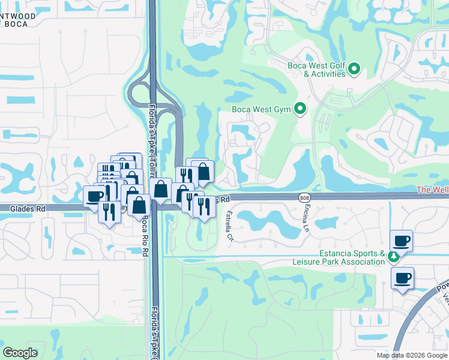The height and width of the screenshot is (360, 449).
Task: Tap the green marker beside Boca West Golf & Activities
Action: pos(354,70)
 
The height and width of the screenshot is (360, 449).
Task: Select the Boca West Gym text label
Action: pos(261,109)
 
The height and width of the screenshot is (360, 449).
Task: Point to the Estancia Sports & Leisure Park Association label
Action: pos(338,257)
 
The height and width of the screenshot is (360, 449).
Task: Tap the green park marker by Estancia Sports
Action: pos(393,257)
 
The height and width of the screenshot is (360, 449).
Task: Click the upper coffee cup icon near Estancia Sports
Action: pos(402,241)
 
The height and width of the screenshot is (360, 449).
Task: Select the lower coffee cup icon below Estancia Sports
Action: pos(402,278)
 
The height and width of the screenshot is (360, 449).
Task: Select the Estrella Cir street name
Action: pos(229,226)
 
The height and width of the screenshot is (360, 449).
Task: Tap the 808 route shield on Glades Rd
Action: pos(304,197)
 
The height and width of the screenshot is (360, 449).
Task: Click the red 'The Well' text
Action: pos(432,190)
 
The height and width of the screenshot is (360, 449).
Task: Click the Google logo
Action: pos(20,353)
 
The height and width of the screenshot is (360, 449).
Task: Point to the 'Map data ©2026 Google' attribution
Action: pos(411,355)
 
